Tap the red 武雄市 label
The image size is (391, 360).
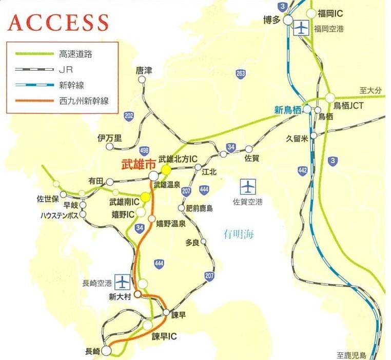click(136, 166)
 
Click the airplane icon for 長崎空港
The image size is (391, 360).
click(123, 282)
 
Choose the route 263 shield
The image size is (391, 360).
click(241, 74)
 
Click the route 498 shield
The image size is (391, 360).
click(144, 150)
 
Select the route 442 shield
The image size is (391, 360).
click(303, 169)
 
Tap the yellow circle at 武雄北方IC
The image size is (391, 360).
click(166, 170)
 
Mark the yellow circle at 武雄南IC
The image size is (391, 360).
click(146, 197)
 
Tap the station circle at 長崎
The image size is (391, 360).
click(106, 351)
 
